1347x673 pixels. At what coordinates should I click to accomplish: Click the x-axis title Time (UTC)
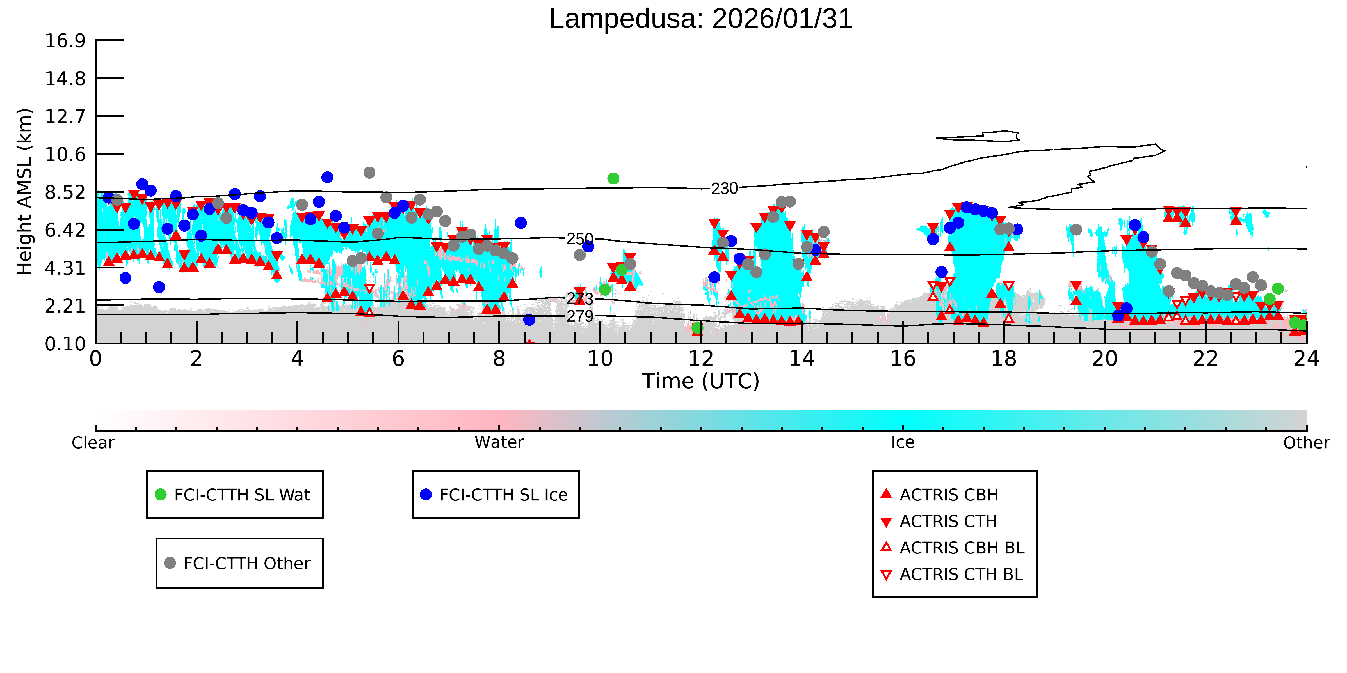tap(701, 381)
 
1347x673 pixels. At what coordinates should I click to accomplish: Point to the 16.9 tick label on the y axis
tap(65, 40)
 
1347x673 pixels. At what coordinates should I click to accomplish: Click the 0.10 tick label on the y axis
tap(65, 344)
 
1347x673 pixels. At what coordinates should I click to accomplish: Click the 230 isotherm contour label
tap(724, 188)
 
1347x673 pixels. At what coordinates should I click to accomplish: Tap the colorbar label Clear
tap(93, 443)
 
